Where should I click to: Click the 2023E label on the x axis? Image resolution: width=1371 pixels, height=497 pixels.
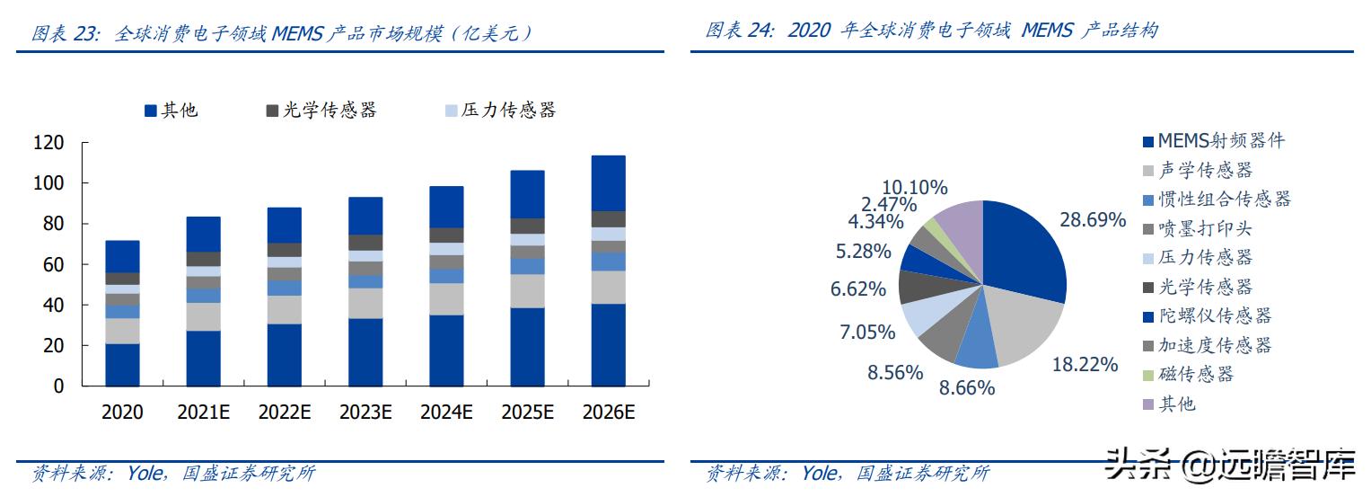coord(365,413)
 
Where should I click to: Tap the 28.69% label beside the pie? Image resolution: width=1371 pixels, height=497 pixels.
coord(1093,220)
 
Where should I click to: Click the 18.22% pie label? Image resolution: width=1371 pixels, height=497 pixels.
coord(1085,364)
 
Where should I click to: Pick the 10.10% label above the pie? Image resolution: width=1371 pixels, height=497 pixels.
coord(914,188)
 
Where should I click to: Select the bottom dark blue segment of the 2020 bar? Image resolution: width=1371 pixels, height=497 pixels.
coord(122,364)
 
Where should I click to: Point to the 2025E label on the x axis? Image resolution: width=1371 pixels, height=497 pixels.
coord(527,413)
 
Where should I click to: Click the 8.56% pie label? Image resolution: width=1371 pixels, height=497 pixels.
coord(894,371)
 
